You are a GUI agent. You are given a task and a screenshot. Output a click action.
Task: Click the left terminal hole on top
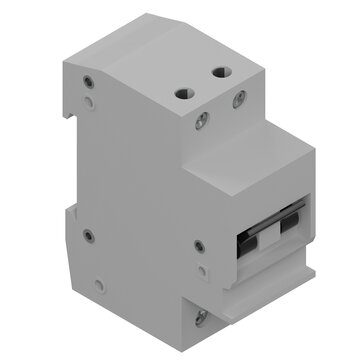tap(184, 91)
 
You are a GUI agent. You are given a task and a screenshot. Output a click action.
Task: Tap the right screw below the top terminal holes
tap(239, 98)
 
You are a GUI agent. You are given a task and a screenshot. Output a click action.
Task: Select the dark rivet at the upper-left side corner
tap(91, 83)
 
